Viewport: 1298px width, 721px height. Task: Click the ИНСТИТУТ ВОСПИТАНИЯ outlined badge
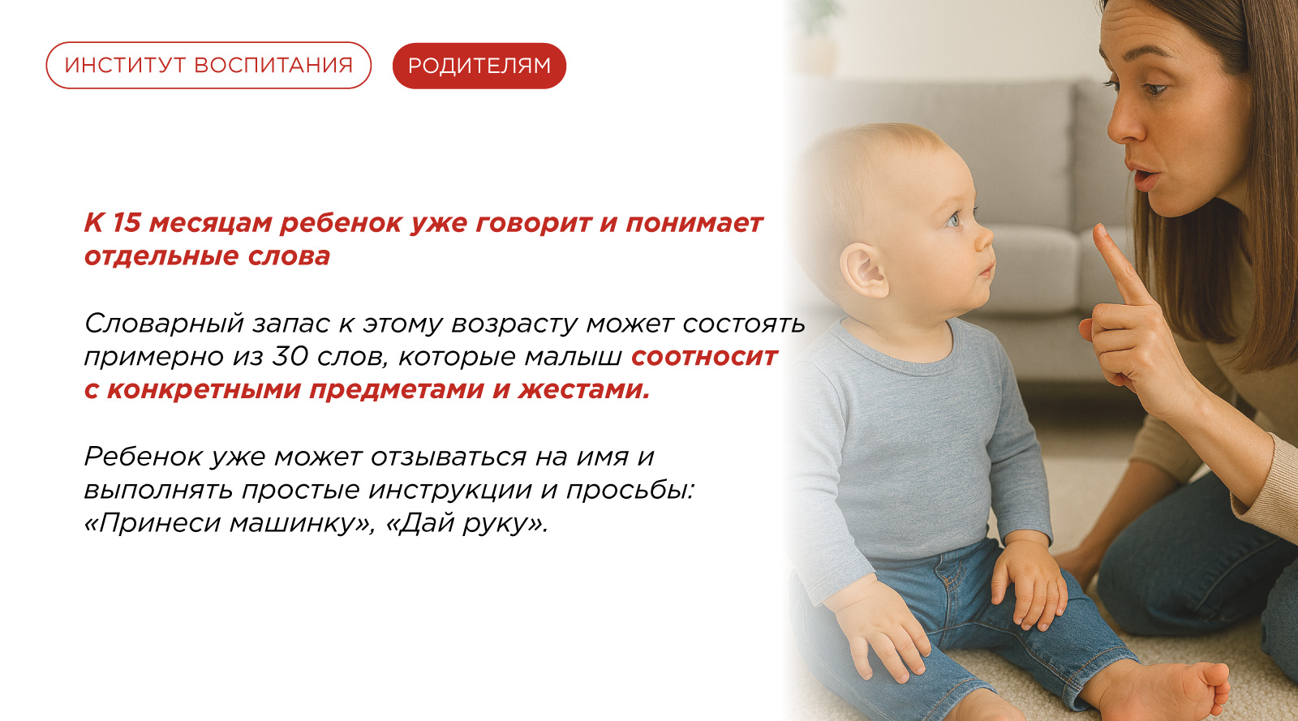tap(208, 66)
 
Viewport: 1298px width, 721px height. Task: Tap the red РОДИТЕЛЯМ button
tap(479, 66)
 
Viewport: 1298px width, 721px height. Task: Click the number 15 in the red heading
tap(126, 222)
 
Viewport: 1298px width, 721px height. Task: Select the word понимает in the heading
tap(694, 223)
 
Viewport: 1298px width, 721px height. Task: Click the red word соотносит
tap(704, 357)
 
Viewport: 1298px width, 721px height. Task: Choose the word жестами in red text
tap(583, 390)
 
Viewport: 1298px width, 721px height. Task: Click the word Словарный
tap(164, 324)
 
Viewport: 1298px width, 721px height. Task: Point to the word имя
tap(602, 457)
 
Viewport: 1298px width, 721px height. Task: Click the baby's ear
tap(864, 269)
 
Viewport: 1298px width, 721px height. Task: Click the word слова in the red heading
tap(289, 256)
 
